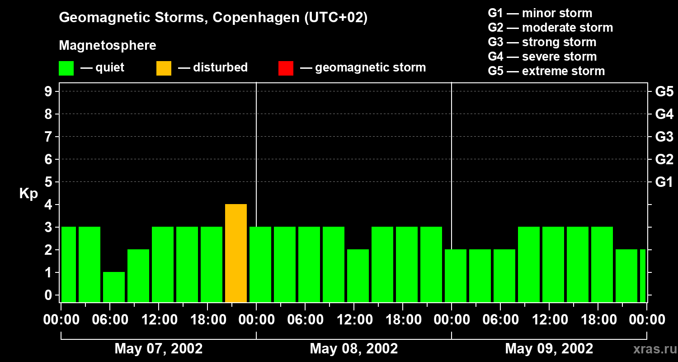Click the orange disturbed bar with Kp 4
click(x=236, y=253)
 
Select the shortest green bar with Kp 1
click(x=114, y=287)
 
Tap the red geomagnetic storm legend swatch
click(x=286, y=68)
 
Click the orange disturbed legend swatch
click(x=164, y=68)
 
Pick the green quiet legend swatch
click(x=66, y=68)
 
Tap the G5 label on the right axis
click(x=664, y=92)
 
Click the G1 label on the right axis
click(x=664, y=182)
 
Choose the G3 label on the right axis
click(x=664, y=137)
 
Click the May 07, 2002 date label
click(x=159, y=348)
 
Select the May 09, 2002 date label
click(x=549, y=348)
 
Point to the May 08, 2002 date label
click(x=354, y=348)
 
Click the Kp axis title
click(x=28, y=194)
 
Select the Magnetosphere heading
click(x=108, y=46)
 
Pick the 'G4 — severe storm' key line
click(x=542, y=57)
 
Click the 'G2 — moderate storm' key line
click(x=550, y=28)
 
